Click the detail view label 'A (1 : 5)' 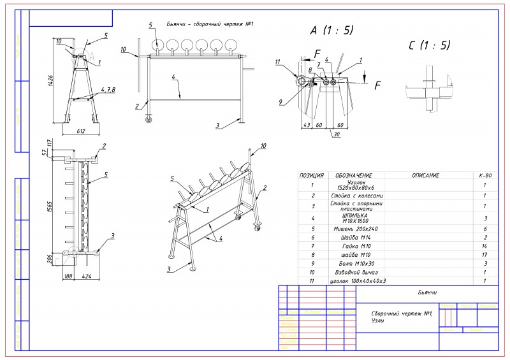[331, 31]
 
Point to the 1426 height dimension [51, 80]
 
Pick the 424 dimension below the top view [85, 277]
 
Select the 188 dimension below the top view [68, 277]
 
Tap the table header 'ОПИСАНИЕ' [421, 175]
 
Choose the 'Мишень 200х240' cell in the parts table [350, 227]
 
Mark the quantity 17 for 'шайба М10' [485, 254]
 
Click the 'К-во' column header [485, 175]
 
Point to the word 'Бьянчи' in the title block [426, 292]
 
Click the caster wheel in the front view [149, 119]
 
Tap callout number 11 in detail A [278, 62]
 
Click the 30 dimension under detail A [335, 134]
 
